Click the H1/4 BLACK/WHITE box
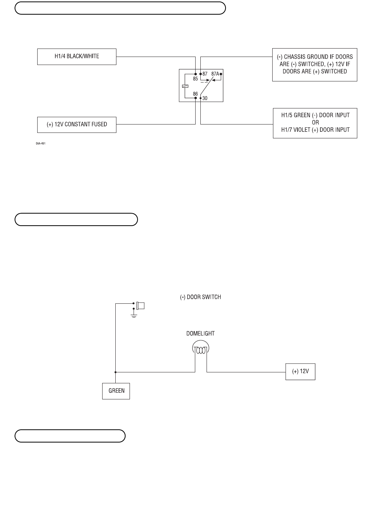pos(77,57)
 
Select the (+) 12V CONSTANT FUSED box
pos(77,124)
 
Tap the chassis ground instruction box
pos(315,65)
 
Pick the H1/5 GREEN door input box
pos(315,123)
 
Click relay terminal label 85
pos(195,78)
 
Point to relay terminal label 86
pos(195,94)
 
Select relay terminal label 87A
pos(215,74)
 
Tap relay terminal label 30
pos(205,98)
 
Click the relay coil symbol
pos(185,86)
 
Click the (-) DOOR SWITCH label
pos(200,297)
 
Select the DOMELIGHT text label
pos(200,333)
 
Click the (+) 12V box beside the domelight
pos(300,372)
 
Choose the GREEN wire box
pos(116,391)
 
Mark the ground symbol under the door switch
pos(134,315)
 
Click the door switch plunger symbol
pos(140,305)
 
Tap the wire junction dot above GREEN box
pos(115,372)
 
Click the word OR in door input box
pos(315,123)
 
